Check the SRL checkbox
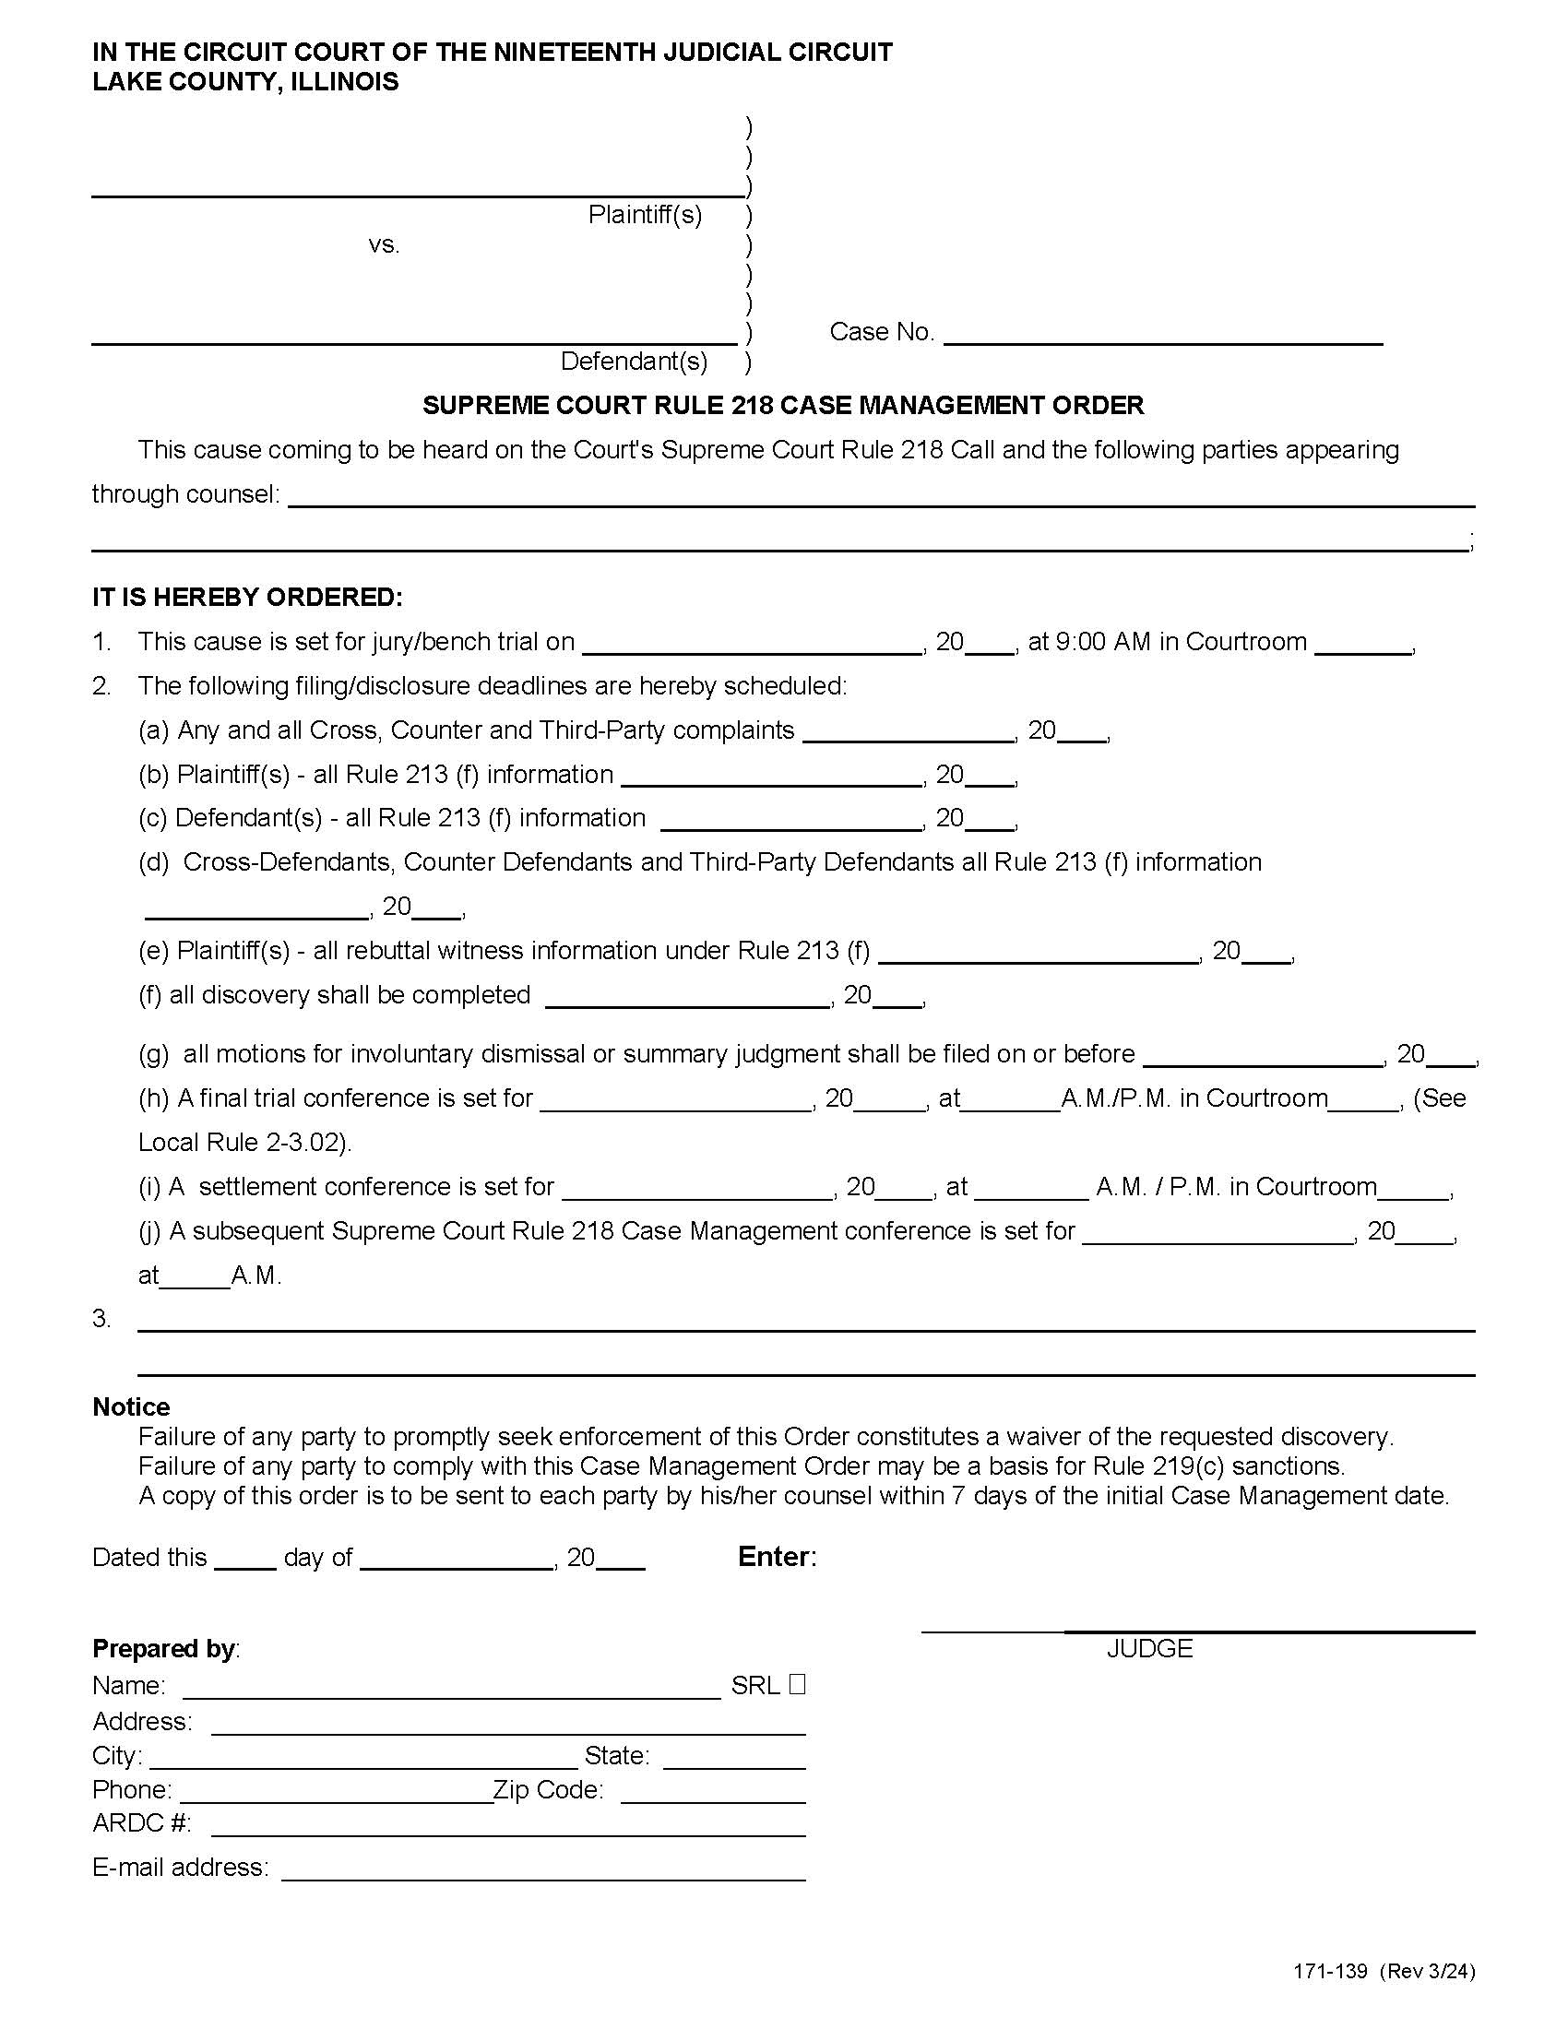click(797, 1684)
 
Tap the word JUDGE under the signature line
click(1149, 1648)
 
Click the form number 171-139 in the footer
click(1330, 1997)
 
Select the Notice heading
click(131, 1406)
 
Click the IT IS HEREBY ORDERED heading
click(247, 598)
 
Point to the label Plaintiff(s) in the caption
click(645, 216)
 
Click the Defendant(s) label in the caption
click(634, 362)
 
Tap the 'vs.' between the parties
click(384, 245)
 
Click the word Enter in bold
click(776, 1557)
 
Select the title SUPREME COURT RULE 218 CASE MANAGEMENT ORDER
click(783, 405)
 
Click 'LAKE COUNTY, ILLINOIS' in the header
click(245, 82)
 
